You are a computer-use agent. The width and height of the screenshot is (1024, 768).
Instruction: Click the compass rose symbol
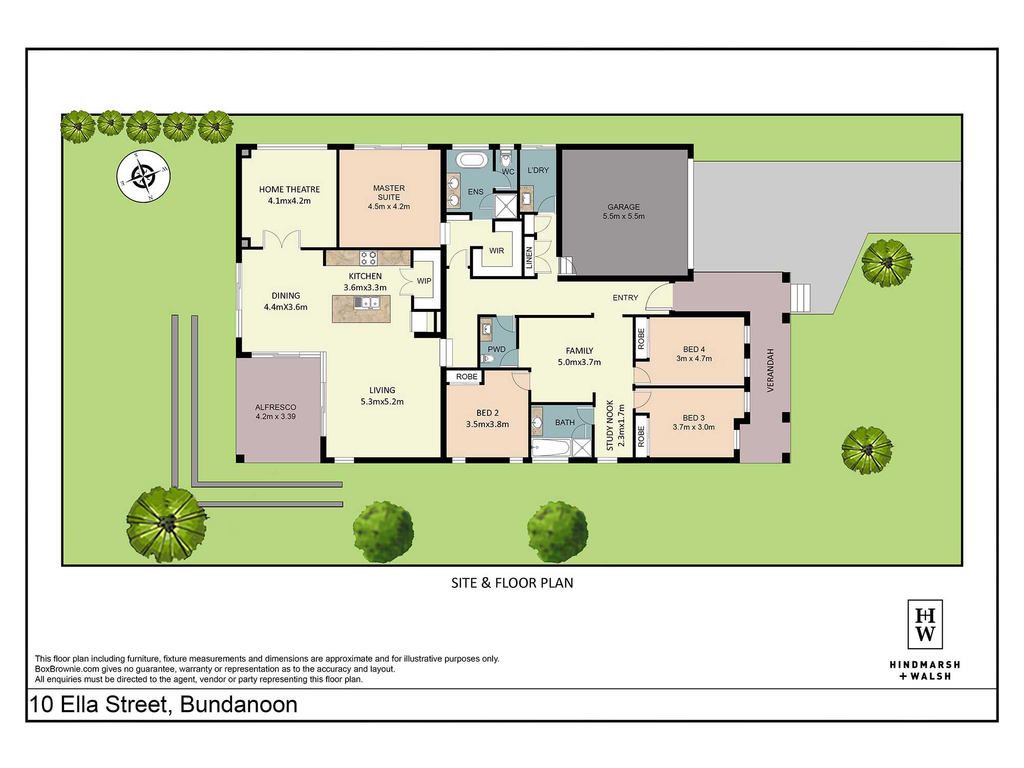[143, 176]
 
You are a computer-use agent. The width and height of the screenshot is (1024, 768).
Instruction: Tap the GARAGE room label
[624, 207]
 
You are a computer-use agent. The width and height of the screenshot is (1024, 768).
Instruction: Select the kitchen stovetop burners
[368, 258]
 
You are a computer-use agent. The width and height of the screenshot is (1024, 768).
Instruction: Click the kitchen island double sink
[367, 303]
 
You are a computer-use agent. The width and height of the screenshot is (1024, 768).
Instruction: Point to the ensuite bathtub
[472, 160]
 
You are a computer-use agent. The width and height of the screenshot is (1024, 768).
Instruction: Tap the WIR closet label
[497, 250]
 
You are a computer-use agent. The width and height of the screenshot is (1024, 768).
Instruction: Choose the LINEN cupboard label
[529, 258]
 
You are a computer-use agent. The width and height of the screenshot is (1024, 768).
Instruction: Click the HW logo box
[925, 625]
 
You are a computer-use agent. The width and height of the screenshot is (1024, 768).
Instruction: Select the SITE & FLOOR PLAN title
[512, 583]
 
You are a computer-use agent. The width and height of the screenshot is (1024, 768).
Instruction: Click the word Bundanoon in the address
[239, 705]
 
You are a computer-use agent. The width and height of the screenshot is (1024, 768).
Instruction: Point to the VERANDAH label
[771, 371]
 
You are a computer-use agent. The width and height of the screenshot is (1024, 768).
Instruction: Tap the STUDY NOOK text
[610, 425]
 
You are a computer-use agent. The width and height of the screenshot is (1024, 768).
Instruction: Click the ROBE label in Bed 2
[467, 376]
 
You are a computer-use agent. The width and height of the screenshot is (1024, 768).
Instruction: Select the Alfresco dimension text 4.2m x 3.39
[276, 416]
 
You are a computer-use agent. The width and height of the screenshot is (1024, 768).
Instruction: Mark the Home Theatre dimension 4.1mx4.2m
[289, 201]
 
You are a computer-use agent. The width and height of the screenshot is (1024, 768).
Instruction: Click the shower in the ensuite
[506, 206]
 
